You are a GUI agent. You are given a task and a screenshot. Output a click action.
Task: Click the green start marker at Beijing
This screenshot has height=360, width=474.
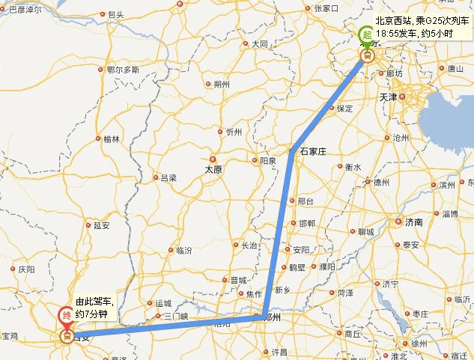pyautogui.click(x=366, y=34)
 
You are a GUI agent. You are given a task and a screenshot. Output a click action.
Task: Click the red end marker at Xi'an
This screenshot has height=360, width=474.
pyautogui.click(x=67, y=315)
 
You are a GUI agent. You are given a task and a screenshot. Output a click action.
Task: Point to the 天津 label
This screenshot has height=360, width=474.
pyautogui.click(x=409, y=97)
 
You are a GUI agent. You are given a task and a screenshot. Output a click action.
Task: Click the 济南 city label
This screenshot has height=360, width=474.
pyautogui.click(x=413, y=222)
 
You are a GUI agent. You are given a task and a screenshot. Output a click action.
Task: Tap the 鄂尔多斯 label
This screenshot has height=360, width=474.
pyautogui.click(x=124, y=70)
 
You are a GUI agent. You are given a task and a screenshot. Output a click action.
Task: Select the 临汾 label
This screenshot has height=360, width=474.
pyautogui.click(x=183, y=250)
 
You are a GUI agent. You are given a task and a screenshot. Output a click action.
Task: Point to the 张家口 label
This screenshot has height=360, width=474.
pyautogui.click(x=327, y=8)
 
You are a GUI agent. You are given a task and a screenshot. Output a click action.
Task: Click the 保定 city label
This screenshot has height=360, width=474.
pyautogui.click(x=344, y=109)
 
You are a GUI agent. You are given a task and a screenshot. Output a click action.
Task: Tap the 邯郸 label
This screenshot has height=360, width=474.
pyautogui.click(x=307, y=224)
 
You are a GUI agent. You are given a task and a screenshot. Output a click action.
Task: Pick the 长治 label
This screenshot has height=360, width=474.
pyautogui.click(x=249, y=245)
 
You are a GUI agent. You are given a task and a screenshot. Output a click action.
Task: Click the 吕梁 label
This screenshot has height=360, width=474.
pyautogui.click(x=168, y=178)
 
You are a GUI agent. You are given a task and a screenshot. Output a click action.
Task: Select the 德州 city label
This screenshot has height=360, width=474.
pyautogui.click(x=382, y=182)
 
